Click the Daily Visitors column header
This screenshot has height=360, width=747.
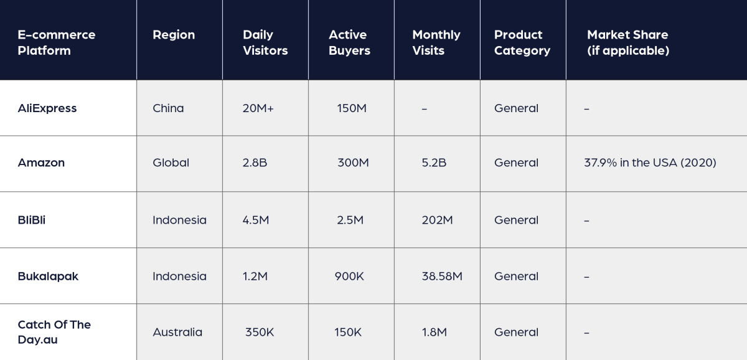point(265,42)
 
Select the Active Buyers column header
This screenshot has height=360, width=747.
point(349,42)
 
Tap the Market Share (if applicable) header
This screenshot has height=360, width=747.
point(627,42)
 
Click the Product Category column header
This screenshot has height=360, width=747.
point(522,42)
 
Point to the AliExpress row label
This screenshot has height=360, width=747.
point(47,108)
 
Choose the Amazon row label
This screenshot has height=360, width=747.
point(41,163)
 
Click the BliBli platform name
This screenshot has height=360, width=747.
point(32,220)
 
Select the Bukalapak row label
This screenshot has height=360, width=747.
point(48,277)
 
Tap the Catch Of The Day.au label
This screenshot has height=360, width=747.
point(54,332)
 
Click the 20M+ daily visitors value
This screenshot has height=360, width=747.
point(258,108)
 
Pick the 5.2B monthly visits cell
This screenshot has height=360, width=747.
point(434,163)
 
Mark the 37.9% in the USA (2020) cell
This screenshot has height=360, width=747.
point(650,163)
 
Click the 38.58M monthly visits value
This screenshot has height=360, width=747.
point(442,277)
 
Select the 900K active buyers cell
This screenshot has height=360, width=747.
point(350,277)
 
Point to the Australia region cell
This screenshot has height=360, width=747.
point(177,333)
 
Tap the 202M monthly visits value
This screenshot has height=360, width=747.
point(437,220)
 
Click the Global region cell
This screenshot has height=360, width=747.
point(171,163)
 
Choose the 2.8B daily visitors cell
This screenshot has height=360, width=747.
point(255,163)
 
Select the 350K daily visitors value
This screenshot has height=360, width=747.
point(260,333)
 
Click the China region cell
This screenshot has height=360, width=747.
point(168,108)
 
